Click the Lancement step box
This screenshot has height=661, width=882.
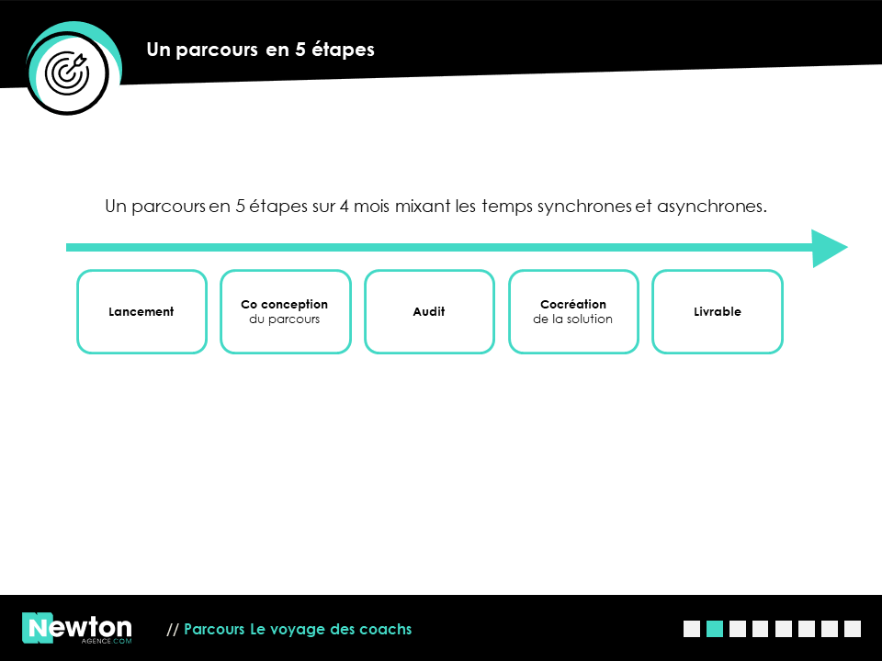click(x=141, y=312)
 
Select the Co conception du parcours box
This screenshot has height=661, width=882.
click(x=286, y=312)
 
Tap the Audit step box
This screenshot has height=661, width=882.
click(x=429, y=312)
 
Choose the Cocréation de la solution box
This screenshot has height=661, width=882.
click(x=573, y=312)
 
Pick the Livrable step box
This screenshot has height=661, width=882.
click(x=718, y=312)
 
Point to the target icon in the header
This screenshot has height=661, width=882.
click(x=67, y=73)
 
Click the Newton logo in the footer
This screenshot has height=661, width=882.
click(x=77, y=628)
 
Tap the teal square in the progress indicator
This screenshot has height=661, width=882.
click(x=715, y=629)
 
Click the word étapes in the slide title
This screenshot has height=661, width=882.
click(x=343, y=50)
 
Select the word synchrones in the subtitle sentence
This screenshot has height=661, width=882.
click(x=584, y=207)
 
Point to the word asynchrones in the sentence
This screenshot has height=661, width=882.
click(x=711, y=207)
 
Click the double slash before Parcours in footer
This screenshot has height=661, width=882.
click(x=172, y=630)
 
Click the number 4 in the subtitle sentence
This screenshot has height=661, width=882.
click(x=344, y=207)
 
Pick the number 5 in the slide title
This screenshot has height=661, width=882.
click(x=300, y=50)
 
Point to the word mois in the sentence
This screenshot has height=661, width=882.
click(x=371, y=207)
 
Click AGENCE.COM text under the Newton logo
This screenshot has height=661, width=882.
click(x=107, y=641)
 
